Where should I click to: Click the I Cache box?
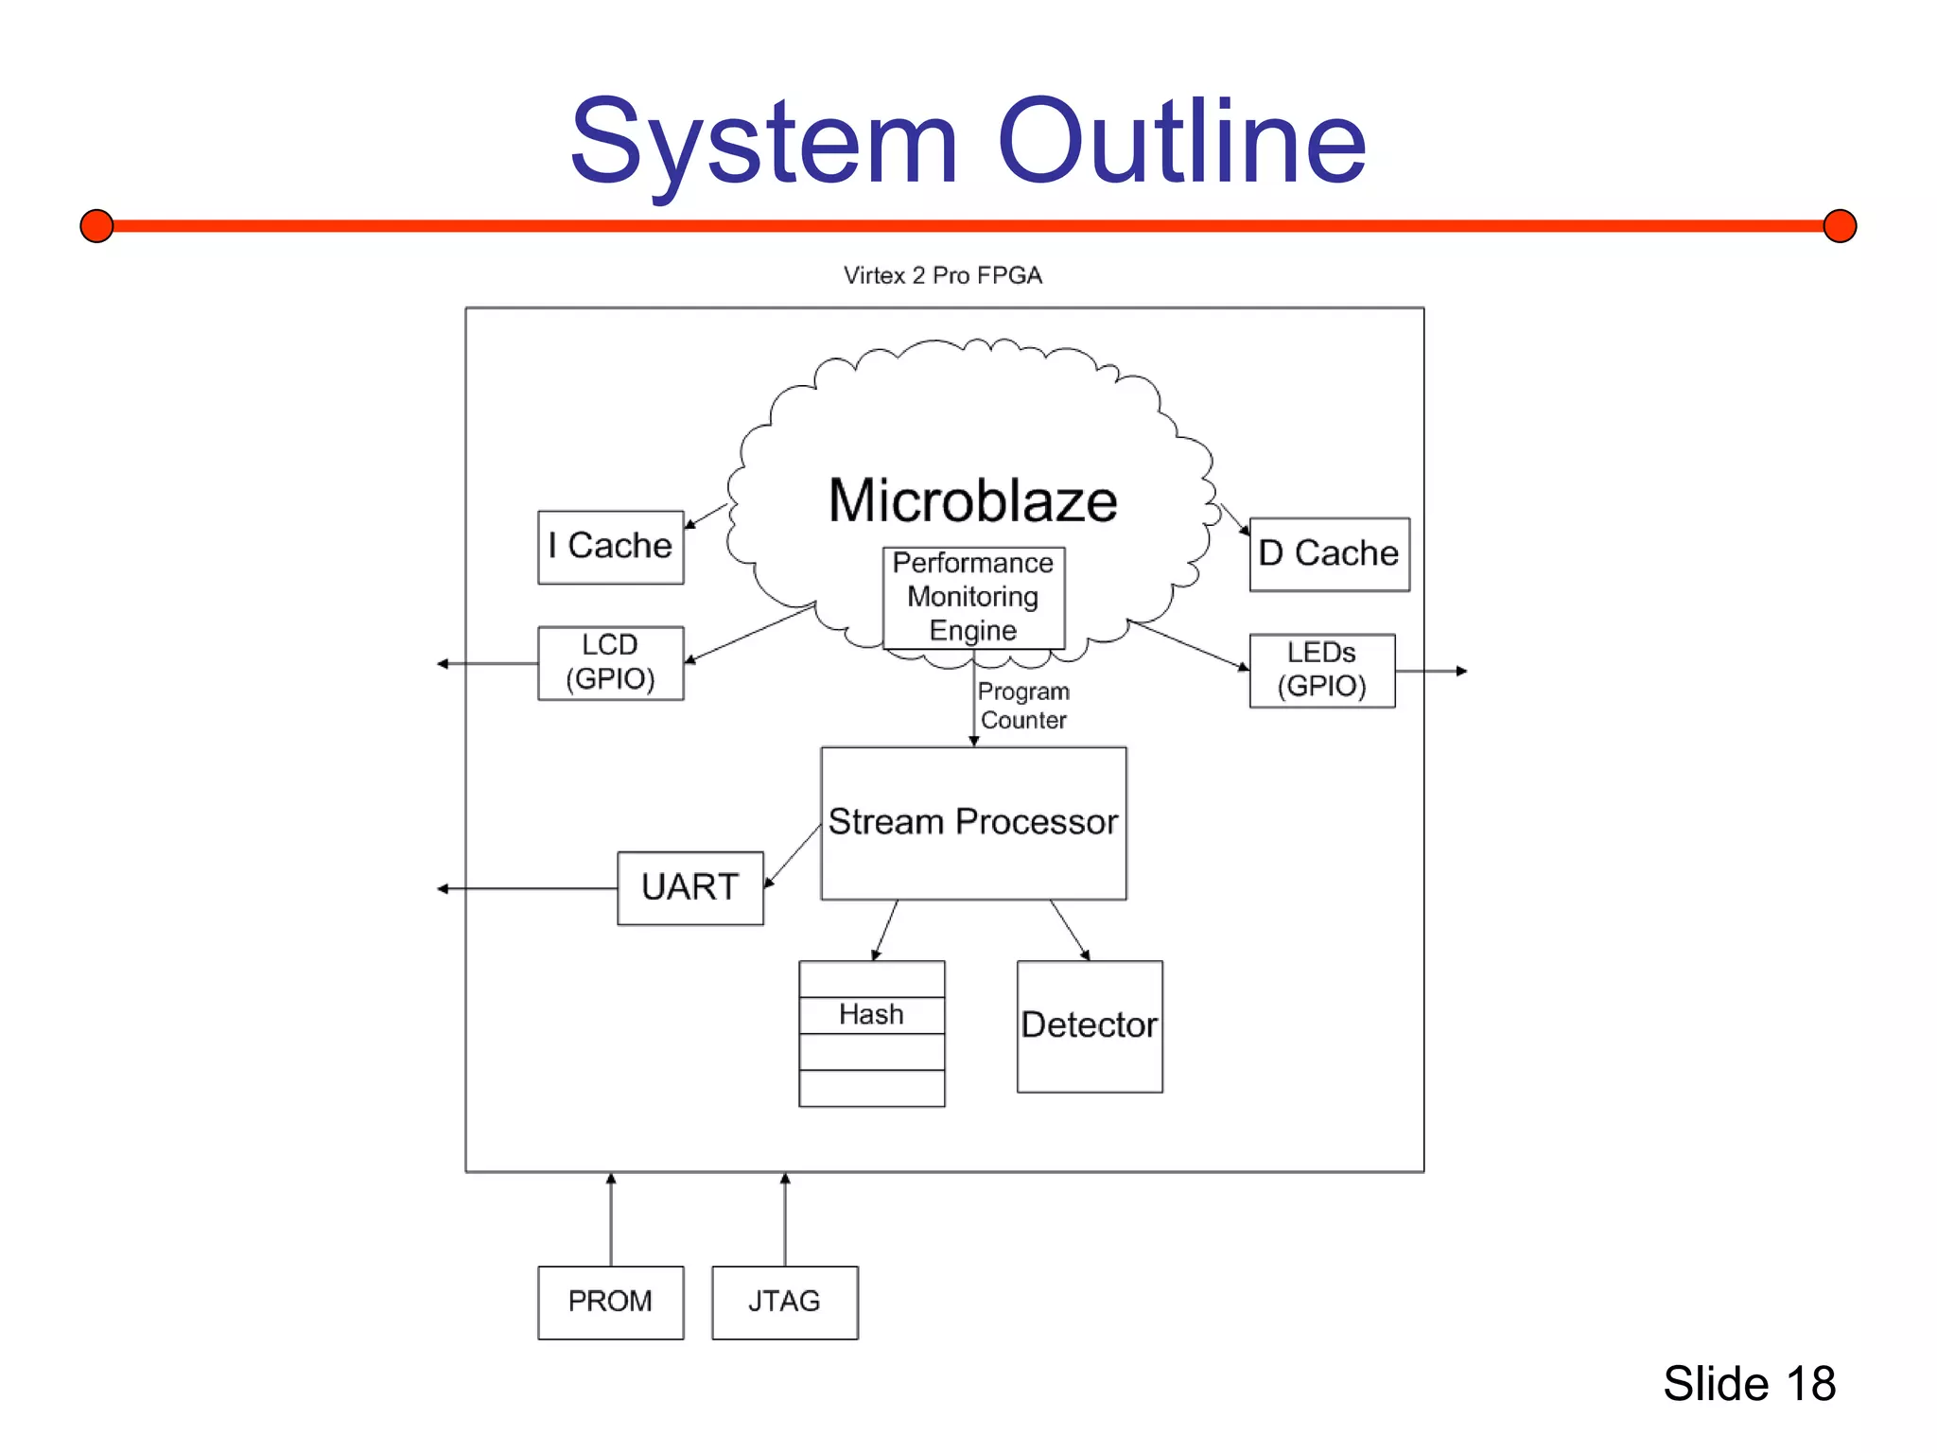[610, 547]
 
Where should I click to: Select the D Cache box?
[1329, 553]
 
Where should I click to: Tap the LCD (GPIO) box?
[610, 662]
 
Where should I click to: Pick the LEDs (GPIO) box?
[1321, 670]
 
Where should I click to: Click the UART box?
[689, 887]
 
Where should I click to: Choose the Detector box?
[1090, 1025]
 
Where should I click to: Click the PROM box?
[610, 1302]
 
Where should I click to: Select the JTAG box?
[784, 1302]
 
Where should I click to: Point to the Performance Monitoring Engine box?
[973, 597]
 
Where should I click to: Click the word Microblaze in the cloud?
[972, 500]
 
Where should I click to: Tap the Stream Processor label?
[972, 821]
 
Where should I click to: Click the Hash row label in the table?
[871, 1014]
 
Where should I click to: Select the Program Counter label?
[1023, 706]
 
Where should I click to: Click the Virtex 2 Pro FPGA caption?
[943, 275]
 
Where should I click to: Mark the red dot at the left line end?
[96, 226]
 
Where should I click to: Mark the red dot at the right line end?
[1840, 226]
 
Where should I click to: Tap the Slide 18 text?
[1749, 1383]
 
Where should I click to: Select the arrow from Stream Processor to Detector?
[1070, 930]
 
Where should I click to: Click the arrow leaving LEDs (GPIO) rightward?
[1430, 671]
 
